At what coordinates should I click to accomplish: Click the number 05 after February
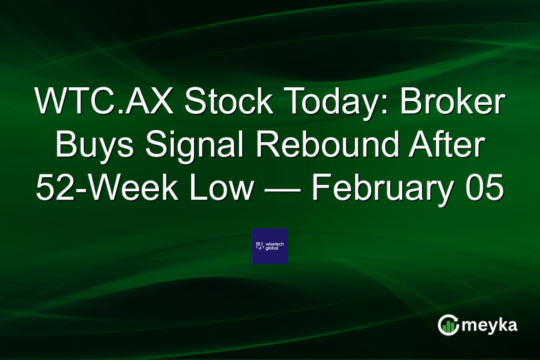tap(486, 188)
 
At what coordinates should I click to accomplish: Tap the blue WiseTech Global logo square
tap(270, 246)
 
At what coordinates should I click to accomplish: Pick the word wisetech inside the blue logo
tap(274, 243)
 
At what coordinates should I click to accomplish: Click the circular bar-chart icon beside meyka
tap(448, 324)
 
